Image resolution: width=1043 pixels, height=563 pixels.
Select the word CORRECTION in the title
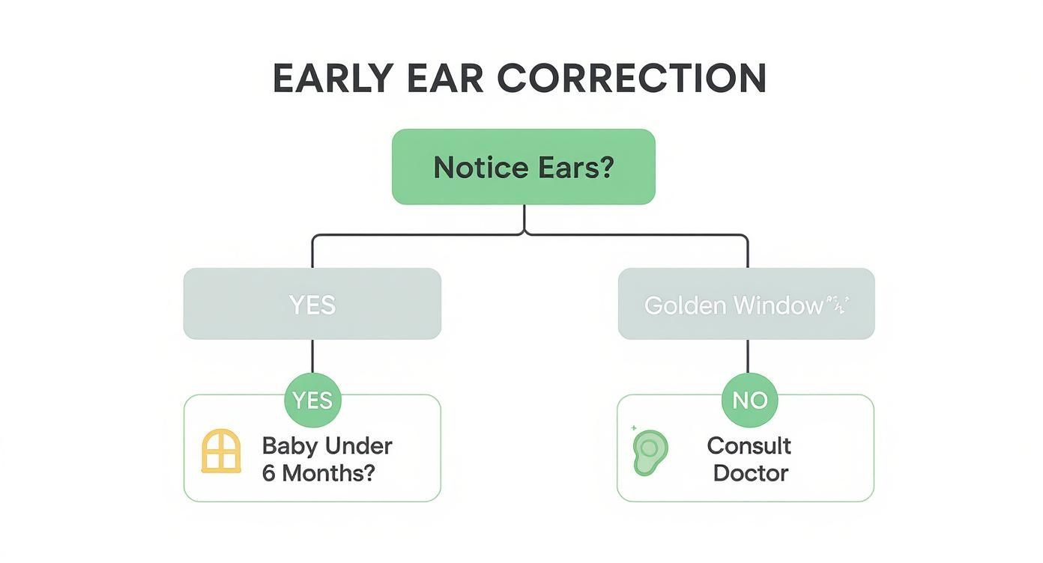point(632,78)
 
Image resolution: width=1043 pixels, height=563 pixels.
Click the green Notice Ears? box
point(523,167)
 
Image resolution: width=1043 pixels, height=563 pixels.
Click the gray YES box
point(312,304)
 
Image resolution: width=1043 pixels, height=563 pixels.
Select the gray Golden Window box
point(746,304)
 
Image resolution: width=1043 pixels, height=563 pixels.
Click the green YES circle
point(312,401)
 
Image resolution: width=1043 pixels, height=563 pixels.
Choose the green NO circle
point(749,401)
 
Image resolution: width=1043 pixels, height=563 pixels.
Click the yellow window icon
point(221,451)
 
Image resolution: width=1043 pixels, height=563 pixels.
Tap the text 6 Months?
point(318,473)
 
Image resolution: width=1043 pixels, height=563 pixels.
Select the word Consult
point(749,446)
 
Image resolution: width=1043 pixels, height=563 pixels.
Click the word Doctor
point(750,473)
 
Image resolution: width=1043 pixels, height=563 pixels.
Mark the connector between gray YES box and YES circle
point(312,356)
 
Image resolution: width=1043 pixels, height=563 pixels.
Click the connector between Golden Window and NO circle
point(748,356)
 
